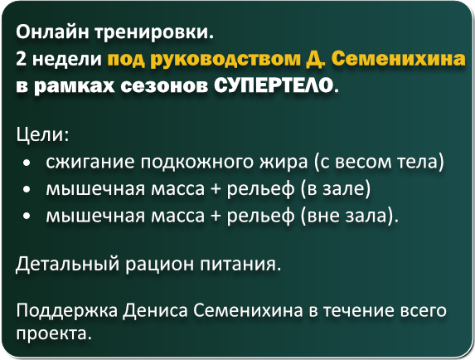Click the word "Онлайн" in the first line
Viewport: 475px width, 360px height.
click(52, 32)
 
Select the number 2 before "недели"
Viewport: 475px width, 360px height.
click(22, 59)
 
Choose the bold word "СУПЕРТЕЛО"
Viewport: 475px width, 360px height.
click(274, 85)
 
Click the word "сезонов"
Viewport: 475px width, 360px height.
click(164, 85)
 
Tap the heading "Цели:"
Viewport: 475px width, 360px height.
click(43, 134)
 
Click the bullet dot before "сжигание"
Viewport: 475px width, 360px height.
click(27, 163)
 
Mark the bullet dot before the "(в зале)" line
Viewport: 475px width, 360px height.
click(27, 190)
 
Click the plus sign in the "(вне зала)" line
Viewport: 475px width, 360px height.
click(216, 216)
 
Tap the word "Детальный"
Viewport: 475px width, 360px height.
click(67, 264)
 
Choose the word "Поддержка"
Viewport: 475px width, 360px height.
click(67, 311)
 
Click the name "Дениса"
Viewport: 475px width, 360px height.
click(155, 310)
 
